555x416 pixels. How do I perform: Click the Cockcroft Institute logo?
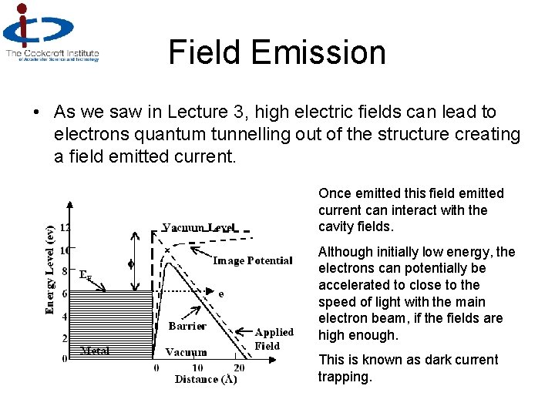coord(51,32)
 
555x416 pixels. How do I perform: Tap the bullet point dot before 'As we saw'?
coord(37,112)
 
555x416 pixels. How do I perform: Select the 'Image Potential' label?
coord(252,260)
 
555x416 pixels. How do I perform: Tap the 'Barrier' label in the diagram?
coord(187,326)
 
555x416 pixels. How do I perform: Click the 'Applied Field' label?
coord(274,339)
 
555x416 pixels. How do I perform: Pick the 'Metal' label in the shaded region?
coord(95,351)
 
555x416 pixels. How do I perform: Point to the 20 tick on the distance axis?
coord(239,368)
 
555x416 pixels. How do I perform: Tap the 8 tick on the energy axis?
coord(65,271)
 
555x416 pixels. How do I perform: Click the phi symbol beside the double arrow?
coord(130,263)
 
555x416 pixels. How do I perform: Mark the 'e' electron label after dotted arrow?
coord(221,294)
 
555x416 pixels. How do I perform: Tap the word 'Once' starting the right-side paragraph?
coord(334,193)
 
